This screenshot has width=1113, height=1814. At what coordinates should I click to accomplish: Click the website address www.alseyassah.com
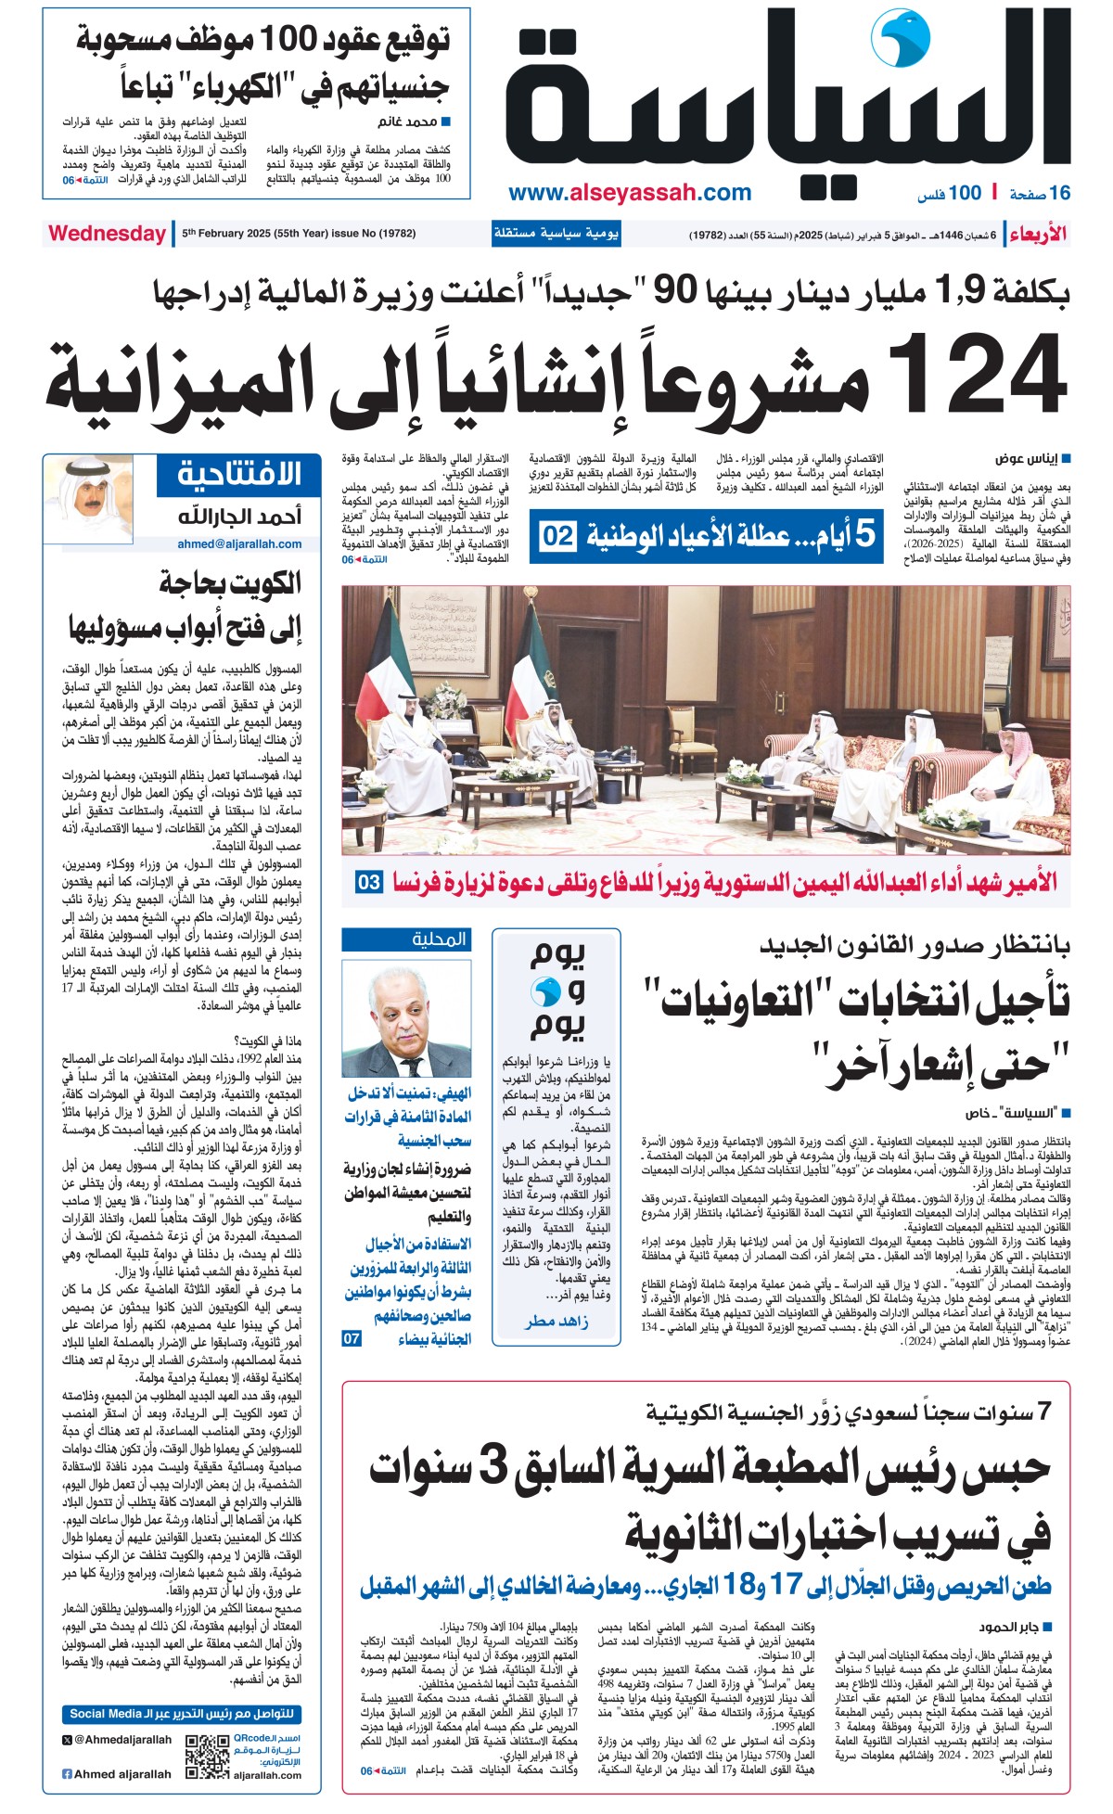[630, 193]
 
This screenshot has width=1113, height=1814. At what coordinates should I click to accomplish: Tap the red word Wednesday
[107, 233]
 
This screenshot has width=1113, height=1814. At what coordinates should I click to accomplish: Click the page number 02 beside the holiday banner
[557, 537]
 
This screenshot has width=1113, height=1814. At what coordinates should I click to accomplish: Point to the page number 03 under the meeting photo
[368, 882]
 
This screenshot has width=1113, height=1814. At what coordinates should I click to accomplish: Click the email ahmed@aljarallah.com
[239, 544]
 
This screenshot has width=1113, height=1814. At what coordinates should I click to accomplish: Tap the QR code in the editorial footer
[207, 1756]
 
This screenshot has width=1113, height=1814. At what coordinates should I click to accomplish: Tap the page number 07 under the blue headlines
[352, 1338]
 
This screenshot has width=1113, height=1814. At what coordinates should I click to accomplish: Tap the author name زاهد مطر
[556, 1322]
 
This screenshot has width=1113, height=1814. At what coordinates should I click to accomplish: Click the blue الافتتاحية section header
[239, 474]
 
